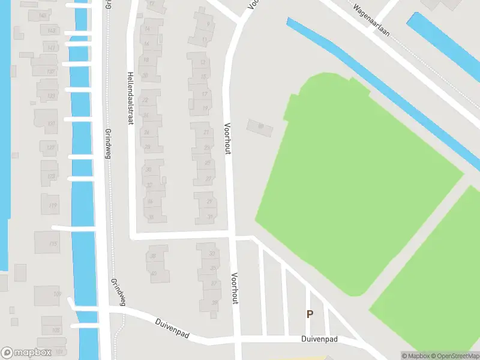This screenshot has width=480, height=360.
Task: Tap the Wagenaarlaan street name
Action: click(372, 21)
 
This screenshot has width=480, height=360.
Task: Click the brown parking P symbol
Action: click(310, 314)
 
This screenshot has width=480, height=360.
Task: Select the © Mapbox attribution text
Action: click(413, 356)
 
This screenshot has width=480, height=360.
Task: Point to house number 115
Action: click(53, 244)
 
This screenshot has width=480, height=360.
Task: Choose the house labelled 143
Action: click(52, 31)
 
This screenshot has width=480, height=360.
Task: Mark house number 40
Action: click(153, 273)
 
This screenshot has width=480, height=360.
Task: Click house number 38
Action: click(153, 256)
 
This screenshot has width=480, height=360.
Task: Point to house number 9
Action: click(208, 24)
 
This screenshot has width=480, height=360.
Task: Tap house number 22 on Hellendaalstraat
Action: click(145, 100)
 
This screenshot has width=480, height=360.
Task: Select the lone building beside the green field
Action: click(260, 127)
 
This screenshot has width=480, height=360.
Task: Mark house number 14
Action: click(147, 29)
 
